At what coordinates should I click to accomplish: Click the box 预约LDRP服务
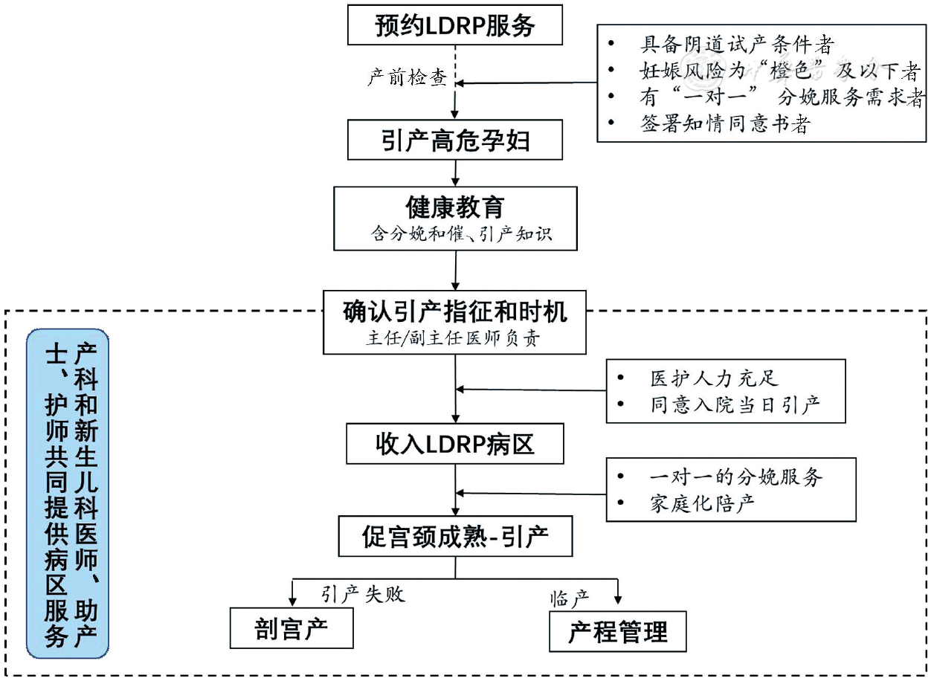455,26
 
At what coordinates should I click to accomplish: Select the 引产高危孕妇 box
455,140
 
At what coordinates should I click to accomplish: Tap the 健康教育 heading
455,207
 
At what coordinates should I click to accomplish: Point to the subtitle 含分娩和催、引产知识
455,235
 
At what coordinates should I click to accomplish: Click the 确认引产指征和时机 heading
455,312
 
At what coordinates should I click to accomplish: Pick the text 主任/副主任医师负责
455,338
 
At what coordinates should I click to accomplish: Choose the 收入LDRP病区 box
455,445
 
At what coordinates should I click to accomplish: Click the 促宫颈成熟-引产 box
455,536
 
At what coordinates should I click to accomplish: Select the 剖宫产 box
292,629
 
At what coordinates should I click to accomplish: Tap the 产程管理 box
617,632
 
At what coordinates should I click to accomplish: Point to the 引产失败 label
364,593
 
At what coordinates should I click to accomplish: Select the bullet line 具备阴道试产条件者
737,44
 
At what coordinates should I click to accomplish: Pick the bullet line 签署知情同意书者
724,124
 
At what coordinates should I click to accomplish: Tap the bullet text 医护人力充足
714,378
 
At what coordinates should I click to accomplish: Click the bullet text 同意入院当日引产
735,405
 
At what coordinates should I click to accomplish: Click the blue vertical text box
68,494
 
